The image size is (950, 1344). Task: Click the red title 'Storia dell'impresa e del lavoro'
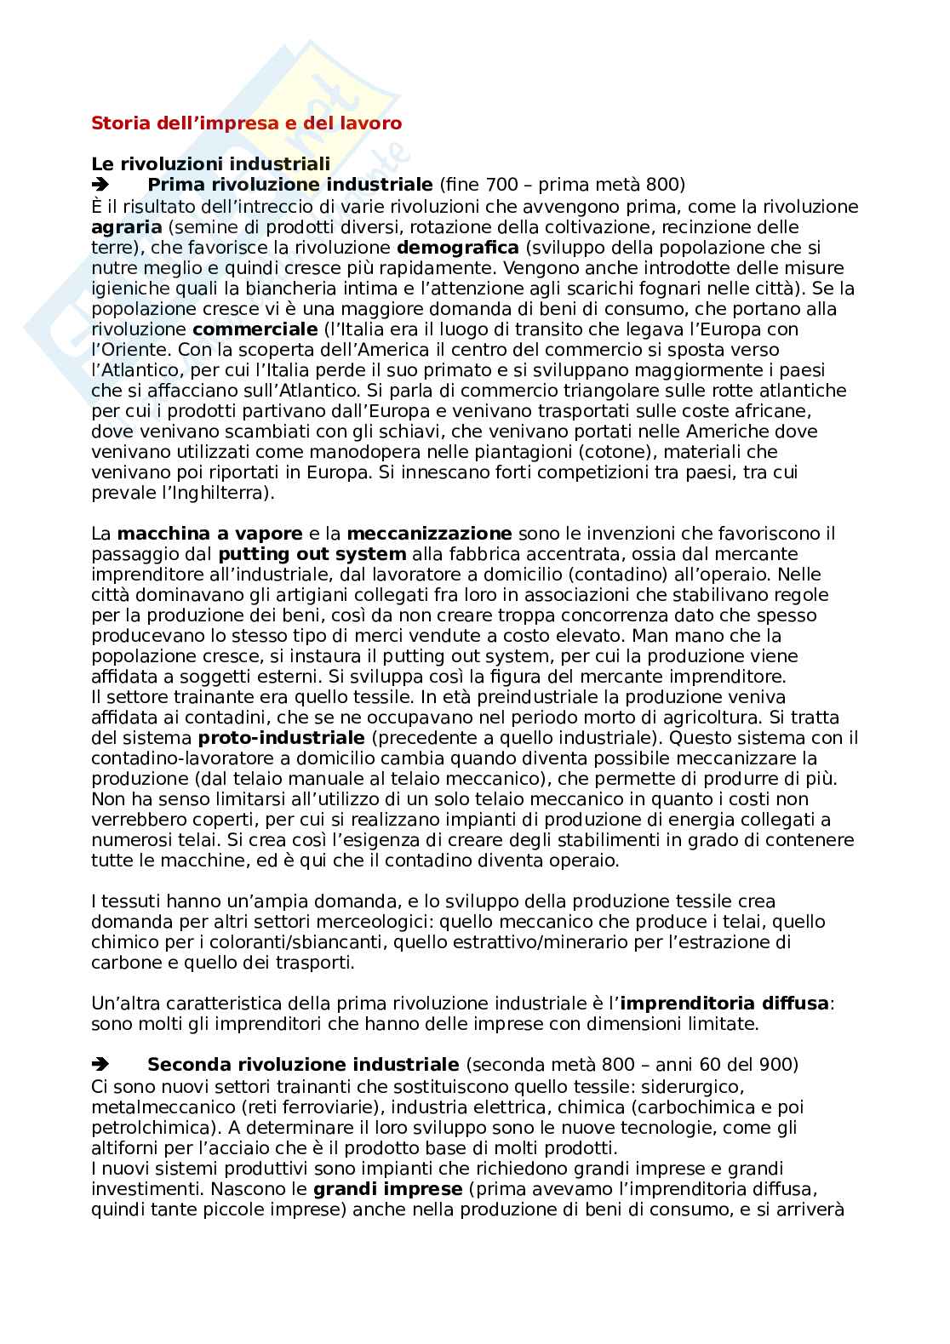pos(246,123)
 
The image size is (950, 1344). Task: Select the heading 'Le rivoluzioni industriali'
pos(210,164)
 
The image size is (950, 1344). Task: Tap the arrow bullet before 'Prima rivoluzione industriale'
pos(100,185)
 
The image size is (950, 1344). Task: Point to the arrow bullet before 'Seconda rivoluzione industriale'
pos(100,1065)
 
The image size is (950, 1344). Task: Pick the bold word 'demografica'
pos(458,248)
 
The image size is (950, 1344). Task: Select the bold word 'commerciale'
pos(245,329)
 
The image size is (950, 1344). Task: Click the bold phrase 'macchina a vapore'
pos(209,534)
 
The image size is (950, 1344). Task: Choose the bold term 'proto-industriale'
pos(281,738)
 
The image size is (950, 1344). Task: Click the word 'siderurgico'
pos(692,1087)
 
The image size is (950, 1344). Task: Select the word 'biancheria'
pos(241,289)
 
